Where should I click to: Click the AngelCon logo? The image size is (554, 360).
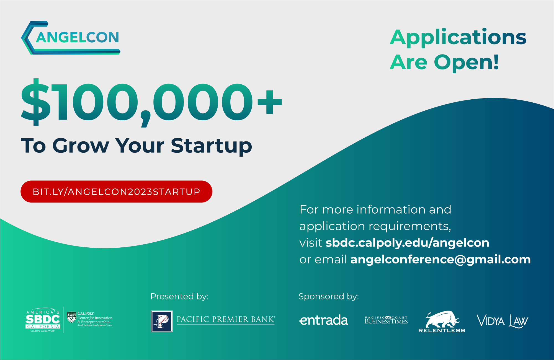coord(71,38)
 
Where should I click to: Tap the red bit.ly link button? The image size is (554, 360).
coord(116,191)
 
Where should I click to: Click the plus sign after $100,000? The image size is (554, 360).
coord(269,102)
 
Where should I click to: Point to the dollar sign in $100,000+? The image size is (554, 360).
coord(36,102)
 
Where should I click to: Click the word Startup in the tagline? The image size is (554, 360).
coord(211,146)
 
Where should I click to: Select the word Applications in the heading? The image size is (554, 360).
coord(458,37)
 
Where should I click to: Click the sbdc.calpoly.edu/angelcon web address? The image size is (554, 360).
coord(407,243)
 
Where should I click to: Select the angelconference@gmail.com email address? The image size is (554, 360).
coord(440,259)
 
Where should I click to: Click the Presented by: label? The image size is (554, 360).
coord(179,296)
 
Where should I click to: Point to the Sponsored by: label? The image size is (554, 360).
coord(328,296)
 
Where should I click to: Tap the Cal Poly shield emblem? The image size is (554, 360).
coord(72,317)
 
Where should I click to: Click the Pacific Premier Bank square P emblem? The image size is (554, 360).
coord(162,321)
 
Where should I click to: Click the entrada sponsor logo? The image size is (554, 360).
coord(323,320)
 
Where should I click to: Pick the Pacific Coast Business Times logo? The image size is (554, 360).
coord(386,320)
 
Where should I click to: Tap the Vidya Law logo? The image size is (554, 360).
coord(502,321)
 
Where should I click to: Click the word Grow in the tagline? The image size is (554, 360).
coord(81,146)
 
